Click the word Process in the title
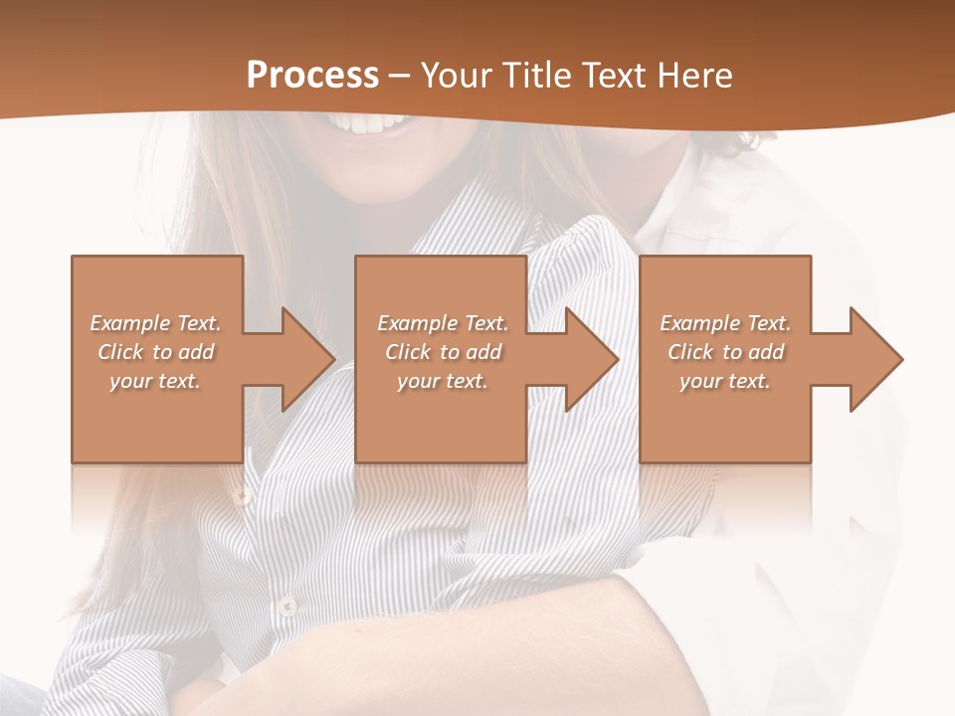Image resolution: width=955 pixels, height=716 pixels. tap(312, 76)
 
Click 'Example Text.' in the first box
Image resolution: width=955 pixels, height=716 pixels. tap(155, 323)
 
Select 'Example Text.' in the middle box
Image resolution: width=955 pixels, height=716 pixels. tap(443, 323)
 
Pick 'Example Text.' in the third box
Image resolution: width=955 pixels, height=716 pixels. tap(725, 323)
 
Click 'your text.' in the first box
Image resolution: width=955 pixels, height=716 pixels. tap(155, 381)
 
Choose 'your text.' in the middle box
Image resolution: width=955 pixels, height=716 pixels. tap(443, 381)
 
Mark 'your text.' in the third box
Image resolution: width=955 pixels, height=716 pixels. tap(725, 381)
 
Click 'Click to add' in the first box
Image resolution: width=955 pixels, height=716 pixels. tap(155, 352)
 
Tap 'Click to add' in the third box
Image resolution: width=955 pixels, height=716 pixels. tap(725, 352)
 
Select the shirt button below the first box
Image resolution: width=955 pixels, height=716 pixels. tap(240, 494)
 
